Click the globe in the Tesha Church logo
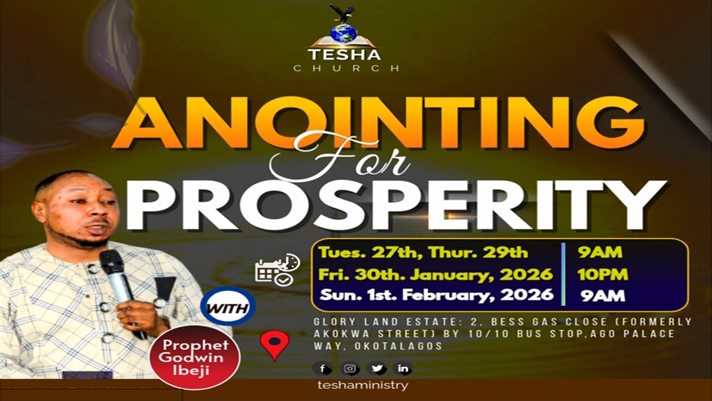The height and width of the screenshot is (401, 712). pos(344,33)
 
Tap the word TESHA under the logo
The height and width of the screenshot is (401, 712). pos(344,55)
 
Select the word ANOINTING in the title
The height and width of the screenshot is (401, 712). pos(378,123)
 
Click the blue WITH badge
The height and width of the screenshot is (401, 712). pos(228,307)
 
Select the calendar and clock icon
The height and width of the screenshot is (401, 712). pos(276,270)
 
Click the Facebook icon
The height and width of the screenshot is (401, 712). pos(322,368)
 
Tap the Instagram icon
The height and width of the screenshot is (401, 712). pos(350,368)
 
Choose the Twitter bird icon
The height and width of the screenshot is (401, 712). pos(377,368)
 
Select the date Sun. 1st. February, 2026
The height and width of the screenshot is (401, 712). pos(436,295)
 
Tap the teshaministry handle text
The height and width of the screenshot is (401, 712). pos(362,385)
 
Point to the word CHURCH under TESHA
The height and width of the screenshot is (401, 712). pos(346,69)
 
